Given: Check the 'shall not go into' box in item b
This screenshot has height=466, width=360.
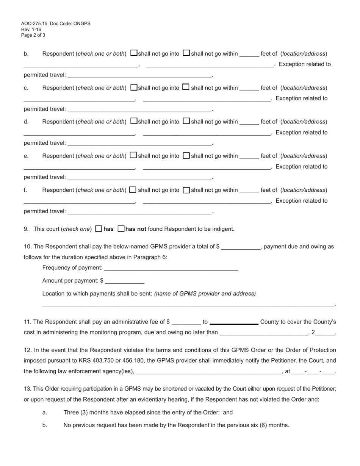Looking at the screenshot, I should pos(134,53).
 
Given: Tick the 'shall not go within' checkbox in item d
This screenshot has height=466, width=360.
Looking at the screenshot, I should pos(186,121).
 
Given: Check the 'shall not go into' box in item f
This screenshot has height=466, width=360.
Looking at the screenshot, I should pos(133,190).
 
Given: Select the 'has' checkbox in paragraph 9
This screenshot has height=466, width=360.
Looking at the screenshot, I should pos(99,229).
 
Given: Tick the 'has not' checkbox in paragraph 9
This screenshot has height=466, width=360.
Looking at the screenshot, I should pos(121,229).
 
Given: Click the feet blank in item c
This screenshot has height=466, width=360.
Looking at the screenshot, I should pos(249,89).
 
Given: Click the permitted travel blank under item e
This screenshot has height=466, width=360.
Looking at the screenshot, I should pos(139,178).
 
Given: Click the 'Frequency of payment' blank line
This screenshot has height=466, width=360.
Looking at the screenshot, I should pos(171,268).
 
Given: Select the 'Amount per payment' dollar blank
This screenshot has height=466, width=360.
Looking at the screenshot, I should pos(125,281).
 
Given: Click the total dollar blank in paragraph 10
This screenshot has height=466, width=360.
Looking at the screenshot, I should pos(241,247).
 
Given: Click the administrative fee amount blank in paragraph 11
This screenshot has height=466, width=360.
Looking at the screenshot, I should pos(186,322).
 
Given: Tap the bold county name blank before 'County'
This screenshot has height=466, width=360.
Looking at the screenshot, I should pos(234,322).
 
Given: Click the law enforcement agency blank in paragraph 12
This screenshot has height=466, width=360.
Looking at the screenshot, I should pos(208,372).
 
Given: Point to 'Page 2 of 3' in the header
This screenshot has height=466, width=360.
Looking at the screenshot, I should pos(33,35).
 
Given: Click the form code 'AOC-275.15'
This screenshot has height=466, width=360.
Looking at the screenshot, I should pos(34,23).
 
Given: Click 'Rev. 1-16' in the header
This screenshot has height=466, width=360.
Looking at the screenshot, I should pos(31,30).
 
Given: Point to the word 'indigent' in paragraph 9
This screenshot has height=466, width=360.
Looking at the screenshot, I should pos(223,229).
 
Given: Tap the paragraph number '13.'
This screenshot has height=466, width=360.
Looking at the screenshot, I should pos(27,389).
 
